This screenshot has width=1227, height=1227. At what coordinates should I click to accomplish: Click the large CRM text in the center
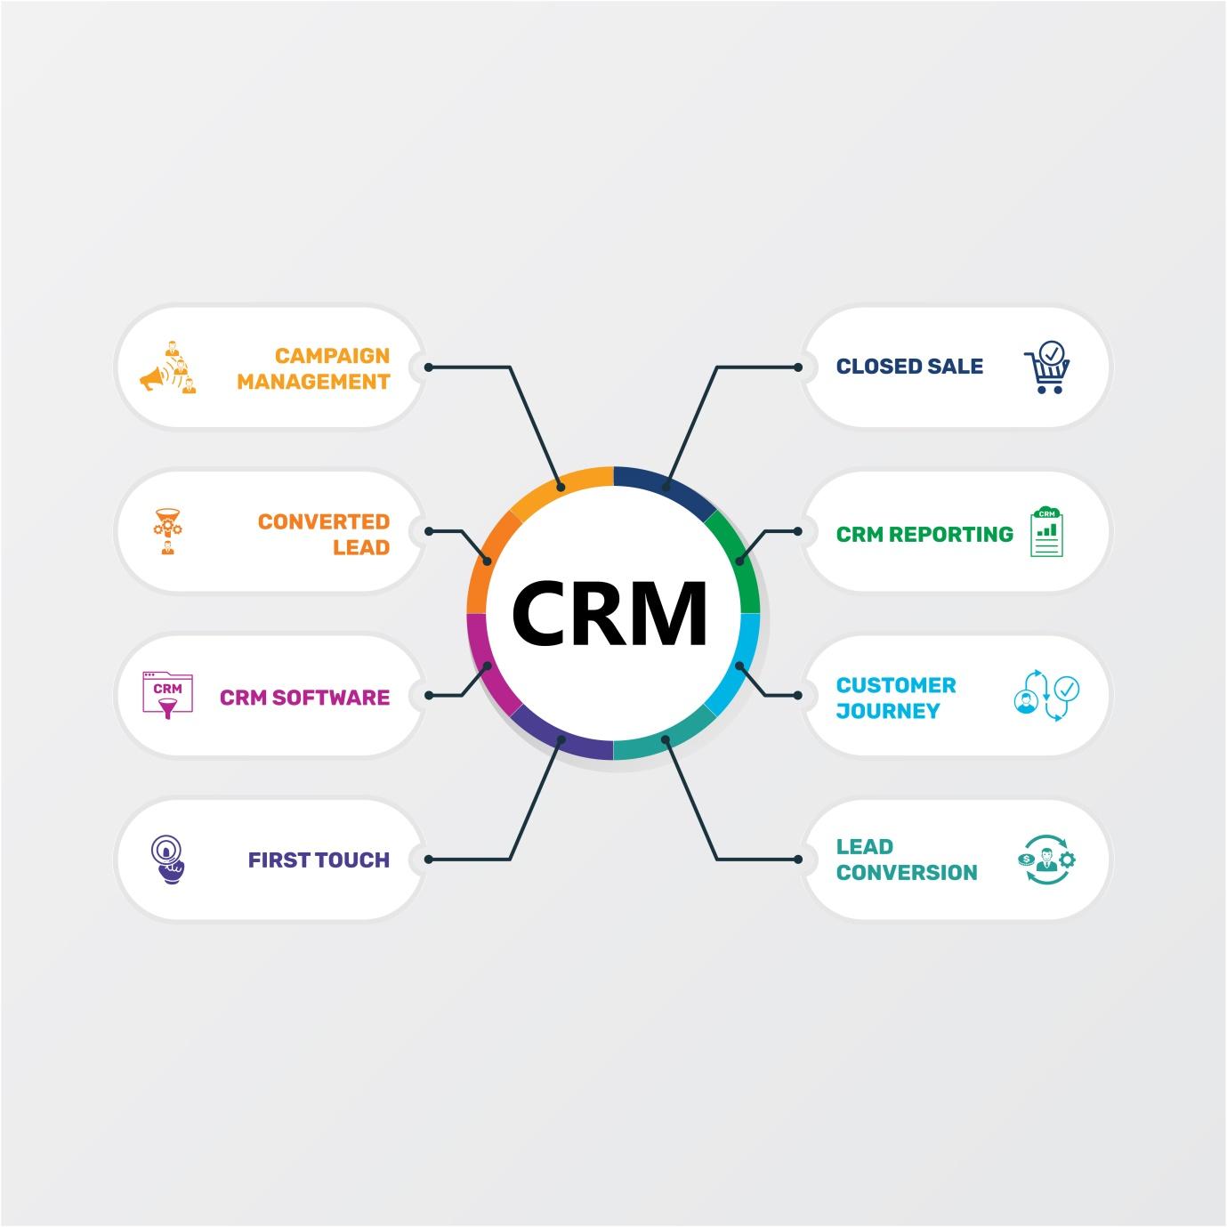(610, 613)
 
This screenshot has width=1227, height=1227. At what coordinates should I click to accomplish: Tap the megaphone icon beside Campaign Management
(168, 367)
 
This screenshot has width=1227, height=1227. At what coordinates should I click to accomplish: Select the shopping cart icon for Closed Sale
(1047, 367)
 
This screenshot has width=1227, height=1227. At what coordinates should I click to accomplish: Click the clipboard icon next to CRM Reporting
(1047, 531)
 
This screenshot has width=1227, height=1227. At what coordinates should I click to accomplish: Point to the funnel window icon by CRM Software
(167, 695)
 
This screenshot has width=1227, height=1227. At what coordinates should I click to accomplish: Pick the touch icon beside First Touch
(166, 860)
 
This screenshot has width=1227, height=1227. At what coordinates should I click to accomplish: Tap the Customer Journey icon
(1047, 695)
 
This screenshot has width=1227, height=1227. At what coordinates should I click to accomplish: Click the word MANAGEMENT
(313, 382)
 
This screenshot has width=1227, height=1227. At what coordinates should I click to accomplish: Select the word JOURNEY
(888, 711)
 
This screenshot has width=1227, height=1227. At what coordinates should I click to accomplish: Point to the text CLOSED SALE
(909, 367)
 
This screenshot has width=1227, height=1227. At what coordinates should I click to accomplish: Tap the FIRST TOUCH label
(319, 860)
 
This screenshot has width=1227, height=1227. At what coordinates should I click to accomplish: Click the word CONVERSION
(907, 873)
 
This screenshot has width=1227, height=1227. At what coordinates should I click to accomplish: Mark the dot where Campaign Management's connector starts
(429, 367)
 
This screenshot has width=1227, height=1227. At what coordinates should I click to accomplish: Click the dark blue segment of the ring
(663, 481)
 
